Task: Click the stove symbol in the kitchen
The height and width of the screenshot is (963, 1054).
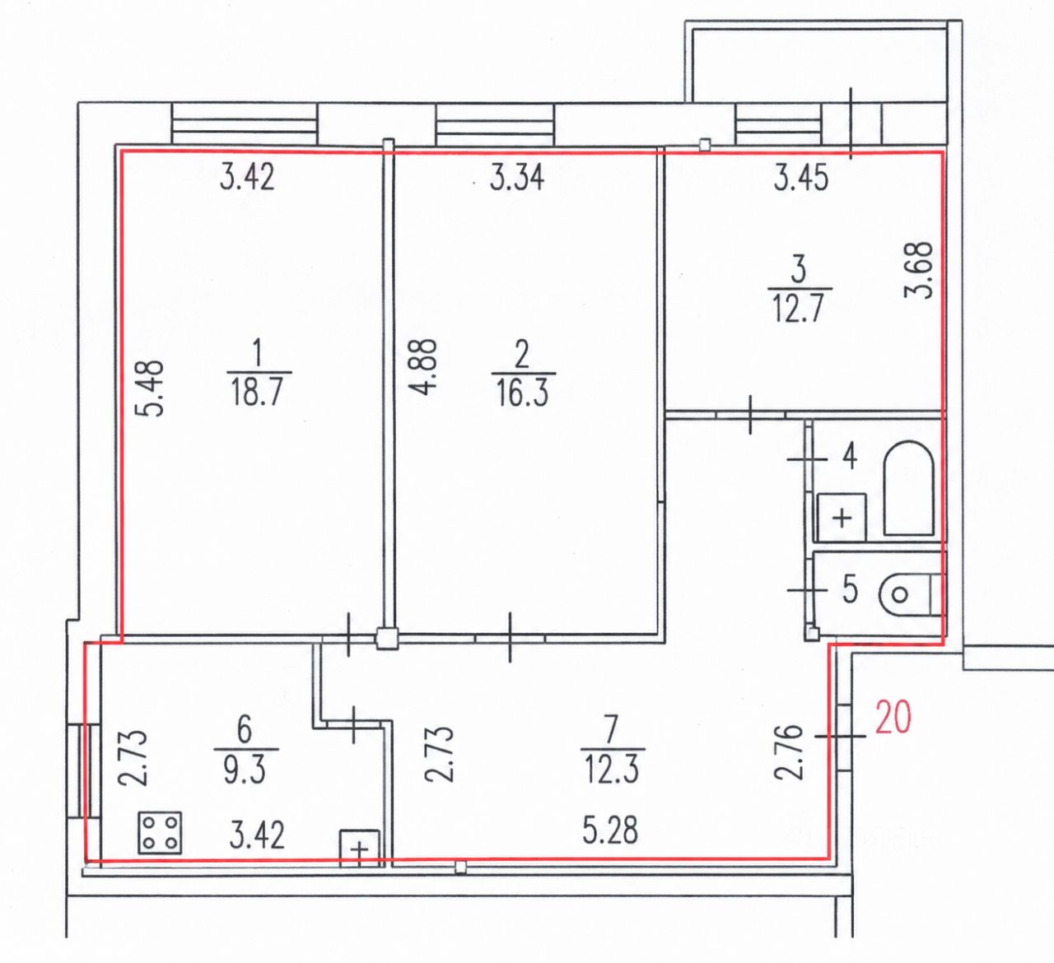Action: pos(160,832)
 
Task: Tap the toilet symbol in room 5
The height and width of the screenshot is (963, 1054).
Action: pos(912,594)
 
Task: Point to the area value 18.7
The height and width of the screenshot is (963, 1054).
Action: pos(257,392)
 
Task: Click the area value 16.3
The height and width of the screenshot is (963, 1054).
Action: pos(521,393)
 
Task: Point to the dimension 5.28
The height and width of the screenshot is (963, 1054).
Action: pos(610,830)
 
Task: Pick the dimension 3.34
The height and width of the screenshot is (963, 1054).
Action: pos(517,177)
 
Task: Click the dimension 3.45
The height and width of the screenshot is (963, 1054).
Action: pos(801,177)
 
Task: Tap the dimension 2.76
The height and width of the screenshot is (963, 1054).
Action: pos(789,751)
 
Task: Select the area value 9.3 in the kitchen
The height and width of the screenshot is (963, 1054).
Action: pos(245,770)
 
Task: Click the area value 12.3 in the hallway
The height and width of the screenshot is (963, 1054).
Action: pos(611,770)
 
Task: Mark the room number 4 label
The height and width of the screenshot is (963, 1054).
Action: pos(850,456)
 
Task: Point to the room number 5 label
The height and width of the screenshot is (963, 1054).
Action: pos(850,590)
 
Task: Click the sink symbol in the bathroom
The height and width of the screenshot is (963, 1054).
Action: pos(842,518)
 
